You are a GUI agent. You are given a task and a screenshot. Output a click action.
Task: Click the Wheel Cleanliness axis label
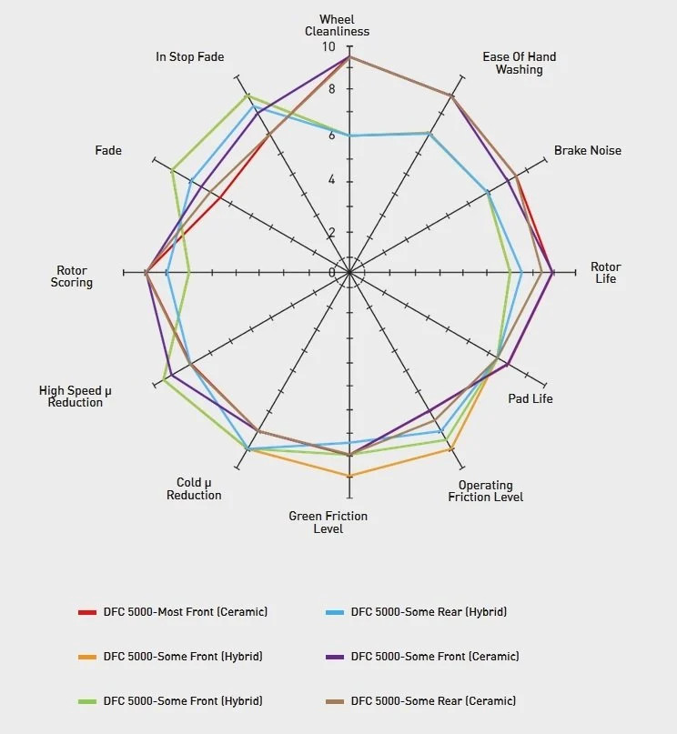coord(337,25)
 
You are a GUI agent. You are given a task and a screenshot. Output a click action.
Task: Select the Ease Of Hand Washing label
coord(519,63)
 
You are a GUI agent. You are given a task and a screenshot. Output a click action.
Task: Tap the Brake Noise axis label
coord(587,150)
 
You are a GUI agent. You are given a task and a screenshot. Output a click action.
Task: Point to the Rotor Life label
coord(605,273)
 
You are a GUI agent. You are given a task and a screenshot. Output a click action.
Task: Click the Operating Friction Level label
coord(485,491)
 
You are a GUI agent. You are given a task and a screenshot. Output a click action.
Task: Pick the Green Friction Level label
coord(328,522)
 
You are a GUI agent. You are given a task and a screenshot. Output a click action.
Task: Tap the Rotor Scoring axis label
coord(72,277)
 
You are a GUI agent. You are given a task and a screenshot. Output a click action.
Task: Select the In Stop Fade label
coord(189,57)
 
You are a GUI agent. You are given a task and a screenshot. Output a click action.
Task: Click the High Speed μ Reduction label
coord(76,397)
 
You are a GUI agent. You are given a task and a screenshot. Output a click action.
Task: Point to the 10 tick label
coord(328,47)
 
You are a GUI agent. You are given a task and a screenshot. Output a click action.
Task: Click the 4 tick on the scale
coord(332,180)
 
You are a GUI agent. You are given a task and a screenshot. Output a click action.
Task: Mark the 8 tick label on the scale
coord(332,89)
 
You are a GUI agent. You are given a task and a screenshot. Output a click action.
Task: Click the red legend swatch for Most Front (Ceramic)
coord(87,612)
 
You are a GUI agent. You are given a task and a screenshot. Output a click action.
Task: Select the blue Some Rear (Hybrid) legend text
coord(429,612)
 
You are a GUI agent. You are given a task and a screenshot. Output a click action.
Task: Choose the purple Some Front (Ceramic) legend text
coord(434,657)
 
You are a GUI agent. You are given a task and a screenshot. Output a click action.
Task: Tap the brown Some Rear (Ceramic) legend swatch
coord(335,701)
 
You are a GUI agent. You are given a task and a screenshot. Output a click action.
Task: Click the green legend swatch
coord(87,701)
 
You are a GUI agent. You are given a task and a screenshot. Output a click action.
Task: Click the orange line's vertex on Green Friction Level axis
coord(349,476)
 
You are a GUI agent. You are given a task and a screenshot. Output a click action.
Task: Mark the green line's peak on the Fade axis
coord(172,169)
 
